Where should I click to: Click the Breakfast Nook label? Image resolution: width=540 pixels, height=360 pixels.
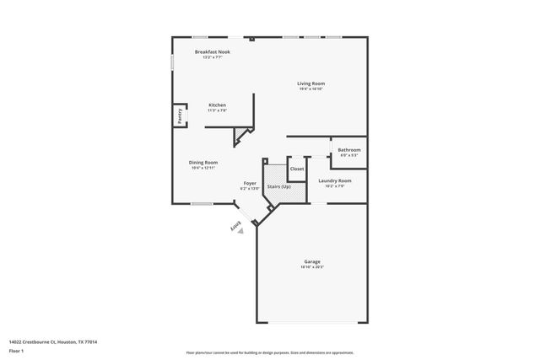coord(213,52)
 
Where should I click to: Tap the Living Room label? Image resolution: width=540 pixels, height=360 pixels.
coord(310,83)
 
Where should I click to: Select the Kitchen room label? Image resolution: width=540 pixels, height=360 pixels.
coord(218,105)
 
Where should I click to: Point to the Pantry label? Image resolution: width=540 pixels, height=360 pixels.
coord(180,116)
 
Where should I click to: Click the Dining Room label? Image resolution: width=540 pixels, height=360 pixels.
coord(203,162)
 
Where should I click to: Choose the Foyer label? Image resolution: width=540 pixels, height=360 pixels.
coord(250,183)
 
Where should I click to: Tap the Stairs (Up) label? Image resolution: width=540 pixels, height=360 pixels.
coord(279,185)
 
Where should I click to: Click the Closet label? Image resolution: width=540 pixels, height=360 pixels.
coord(297,169)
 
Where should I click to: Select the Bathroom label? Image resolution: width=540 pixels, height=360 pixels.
coord(349,150)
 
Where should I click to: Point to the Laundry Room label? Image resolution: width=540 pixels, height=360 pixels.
coord(335,180)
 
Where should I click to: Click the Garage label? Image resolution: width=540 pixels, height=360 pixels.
coord(312,261)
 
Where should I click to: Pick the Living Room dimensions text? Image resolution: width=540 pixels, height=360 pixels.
coord(310,89)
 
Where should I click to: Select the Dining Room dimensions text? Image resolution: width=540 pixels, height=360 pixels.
coord(203,167)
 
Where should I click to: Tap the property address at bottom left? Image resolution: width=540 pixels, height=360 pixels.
coord(53,341)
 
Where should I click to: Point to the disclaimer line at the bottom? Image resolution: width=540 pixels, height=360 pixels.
coord(270,351)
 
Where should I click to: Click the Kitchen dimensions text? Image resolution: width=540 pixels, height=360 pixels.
coord(218,110)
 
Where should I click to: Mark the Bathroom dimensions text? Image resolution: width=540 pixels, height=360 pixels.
coord(349,155)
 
